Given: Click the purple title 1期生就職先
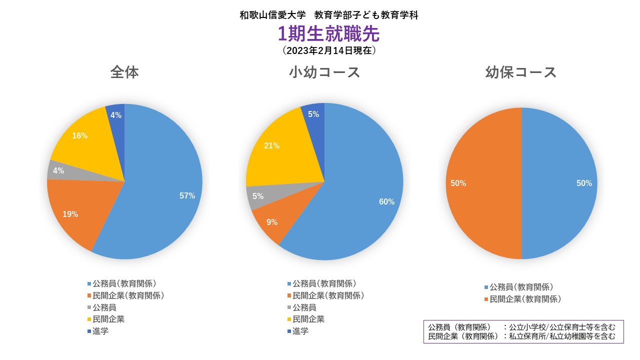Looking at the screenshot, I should pyautogui.click(x=328, y=34).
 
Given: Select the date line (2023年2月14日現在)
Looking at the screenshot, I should pyautogui.click(x=328, y=50).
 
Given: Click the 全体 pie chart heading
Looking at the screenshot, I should pyautogui.click(x=124, y=72).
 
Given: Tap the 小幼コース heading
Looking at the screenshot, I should pyautogui.click(x=324, y=72).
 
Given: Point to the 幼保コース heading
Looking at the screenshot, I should pyautogui.click(x=521, y=72).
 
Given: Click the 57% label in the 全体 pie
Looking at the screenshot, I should pyautogui.click(x=187, y=196).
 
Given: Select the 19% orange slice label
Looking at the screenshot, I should pyautogui.click(x=70, y=214).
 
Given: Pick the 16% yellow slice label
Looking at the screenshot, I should pyautogui.click(x=79, y=135).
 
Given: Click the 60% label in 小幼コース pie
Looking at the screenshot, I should pyautogui.click(x=386, y=202).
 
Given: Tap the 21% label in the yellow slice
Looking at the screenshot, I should pyautogui.click(x=271, y=146).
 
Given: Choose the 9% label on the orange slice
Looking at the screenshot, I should pyautogui.click(x=272, y=222).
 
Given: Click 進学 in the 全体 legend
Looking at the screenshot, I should pyautogui.click(x=100, y=331).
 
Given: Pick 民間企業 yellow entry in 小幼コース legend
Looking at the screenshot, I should pyautogui.click(x=308, y=319).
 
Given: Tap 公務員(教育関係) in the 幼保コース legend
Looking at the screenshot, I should pyautogui.click(x=521, y=287).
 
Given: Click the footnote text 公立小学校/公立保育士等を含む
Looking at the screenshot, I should pyautogui.click(x=562, y=327).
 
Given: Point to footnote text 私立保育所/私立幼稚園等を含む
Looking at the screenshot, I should pyautogui.click(x=562, y=336).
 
